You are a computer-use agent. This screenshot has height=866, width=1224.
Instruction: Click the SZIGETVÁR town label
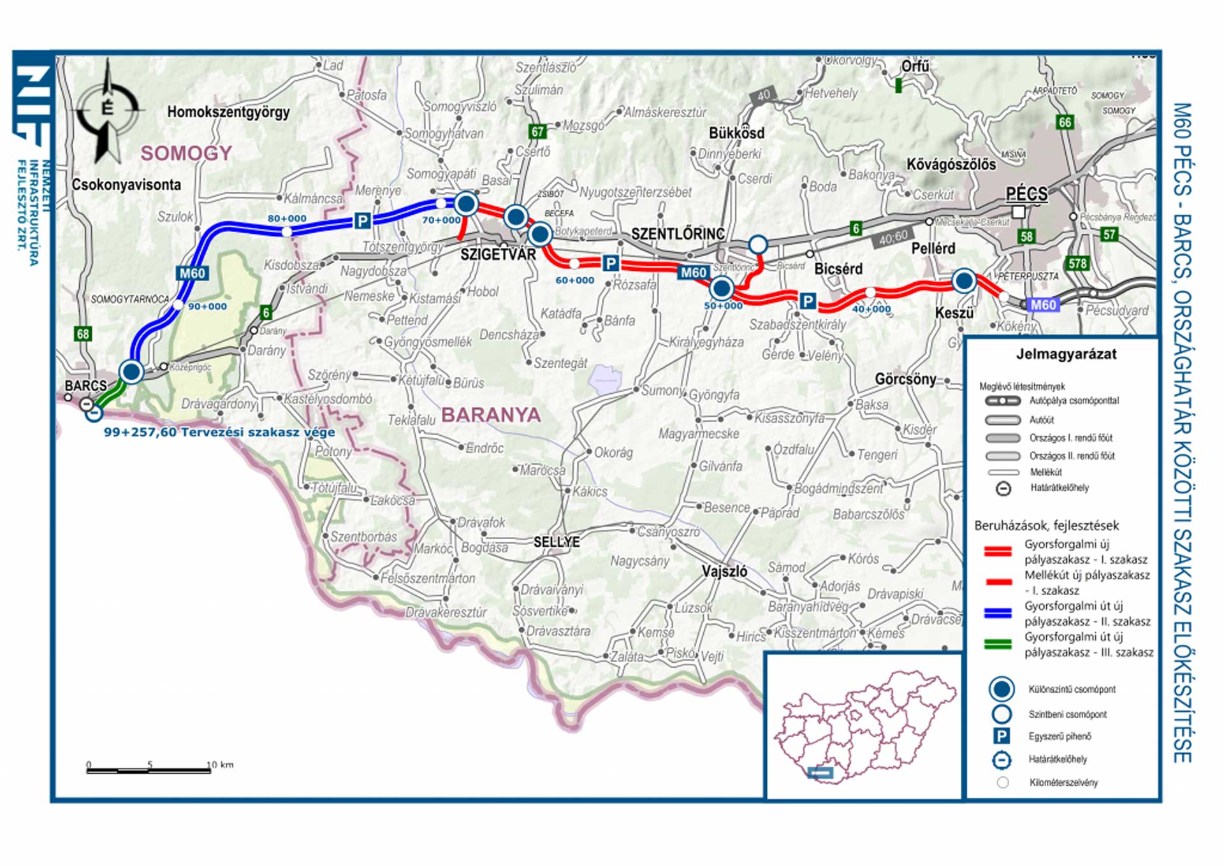coord(498,254)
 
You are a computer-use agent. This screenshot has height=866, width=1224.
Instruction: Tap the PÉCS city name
coord(1026,193)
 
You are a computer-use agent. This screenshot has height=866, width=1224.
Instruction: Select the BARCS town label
coord(85,386)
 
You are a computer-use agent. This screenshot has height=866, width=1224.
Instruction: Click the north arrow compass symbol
coord(108,110)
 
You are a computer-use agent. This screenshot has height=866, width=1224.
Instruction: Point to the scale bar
coord(149,770)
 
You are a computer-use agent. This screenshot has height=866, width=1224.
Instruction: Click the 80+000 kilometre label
coord(287,219)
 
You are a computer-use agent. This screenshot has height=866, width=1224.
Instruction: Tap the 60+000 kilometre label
coord(574,280)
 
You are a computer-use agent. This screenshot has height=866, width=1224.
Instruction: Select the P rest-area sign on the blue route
coord(362,221)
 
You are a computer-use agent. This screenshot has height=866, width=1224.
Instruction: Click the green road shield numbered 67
coord(537,132)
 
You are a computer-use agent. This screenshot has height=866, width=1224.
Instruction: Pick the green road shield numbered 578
coord(1077,263)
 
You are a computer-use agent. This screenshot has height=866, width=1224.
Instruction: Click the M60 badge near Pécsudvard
coord(1043,305)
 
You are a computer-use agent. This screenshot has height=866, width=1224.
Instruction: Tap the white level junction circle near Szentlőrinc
coord(757,245)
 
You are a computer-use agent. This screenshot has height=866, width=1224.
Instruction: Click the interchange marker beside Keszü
coord(964,280)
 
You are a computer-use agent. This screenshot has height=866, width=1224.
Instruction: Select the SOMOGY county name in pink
coord(186,154)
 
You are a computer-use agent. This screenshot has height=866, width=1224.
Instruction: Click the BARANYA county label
coord(491,415)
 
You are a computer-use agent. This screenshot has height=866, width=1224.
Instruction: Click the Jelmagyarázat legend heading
coord(1066,354)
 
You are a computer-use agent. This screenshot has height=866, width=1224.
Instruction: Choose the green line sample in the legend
coord(998,645)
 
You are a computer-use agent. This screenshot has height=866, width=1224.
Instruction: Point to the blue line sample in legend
coord(998,613)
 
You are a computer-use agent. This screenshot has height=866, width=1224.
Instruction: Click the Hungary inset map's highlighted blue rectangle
coord(820,773)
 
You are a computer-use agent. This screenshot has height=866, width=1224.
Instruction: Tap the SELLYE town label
coord(557,542)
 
